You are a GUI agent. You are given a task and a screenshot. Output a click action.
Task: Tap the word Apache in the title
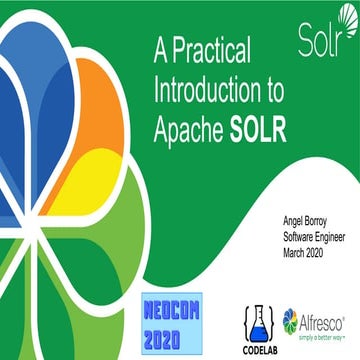pos(189,128)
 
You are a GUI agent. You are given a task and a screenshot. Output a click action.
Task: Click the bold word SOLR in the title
pos(258,128)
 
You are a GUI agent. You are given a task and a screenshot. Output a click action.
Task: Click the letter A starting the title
pos(160,47)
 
